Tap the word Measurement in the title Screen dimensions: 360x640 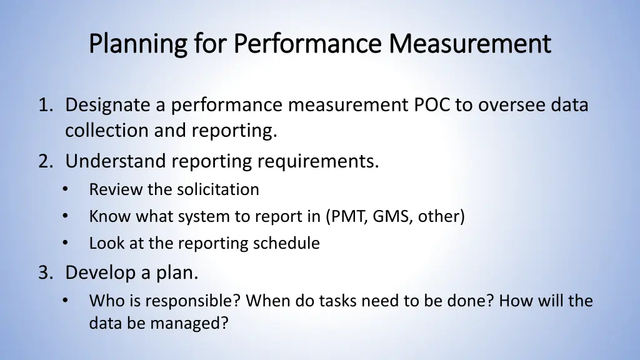point(470,44)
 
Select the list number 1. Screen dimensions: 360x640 point(44,105)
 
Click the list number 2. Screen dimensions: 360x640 point(44,161)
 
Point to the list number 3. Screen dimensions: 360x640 point(44,272)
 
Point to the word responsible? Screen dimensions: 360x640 point(192,301)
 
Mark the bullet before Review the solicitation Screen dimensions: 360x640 point(66,189)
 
